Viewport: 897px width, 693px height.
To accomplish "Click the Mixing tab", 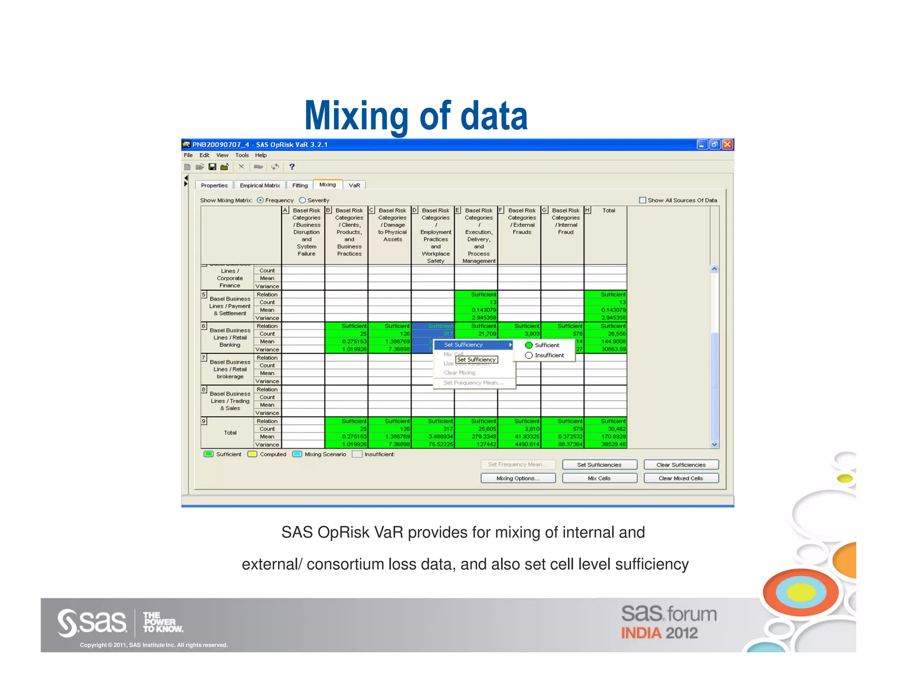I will pos(328,185).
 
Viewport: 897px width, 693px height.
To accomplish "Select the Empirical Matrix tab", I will pos(260,185).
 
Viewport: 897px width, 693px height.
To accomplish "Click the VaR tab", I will pos(354,185).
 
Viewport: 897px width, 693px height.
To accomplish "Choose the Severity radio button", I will pos(303,200).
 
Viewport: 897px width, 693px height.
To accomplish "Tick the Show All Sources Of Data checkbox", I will pos(643,200).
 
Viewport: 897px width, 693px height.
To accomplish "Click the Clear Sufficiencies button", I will pos(681,465).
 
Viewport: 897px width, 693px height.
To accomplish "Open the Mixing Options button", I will pos(518,478).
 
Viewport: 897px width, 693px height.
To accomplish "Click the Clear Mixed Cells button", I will pos(681,478).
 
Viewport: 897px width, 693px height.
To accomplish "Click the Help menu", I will pos(261,155).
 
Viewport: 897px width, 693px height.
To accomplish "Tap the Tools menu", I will pos(242,155).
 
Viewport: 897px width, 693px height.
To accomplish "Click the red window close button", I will pos(727,145).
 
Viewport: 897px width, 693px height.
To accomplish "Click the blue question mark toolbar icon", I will pos(292,167).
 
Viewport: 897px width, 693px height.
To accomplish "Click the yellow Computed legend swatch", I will pos(252,454).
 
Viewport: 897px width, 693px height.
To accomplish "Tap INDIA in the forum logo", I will pos(641,633).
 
